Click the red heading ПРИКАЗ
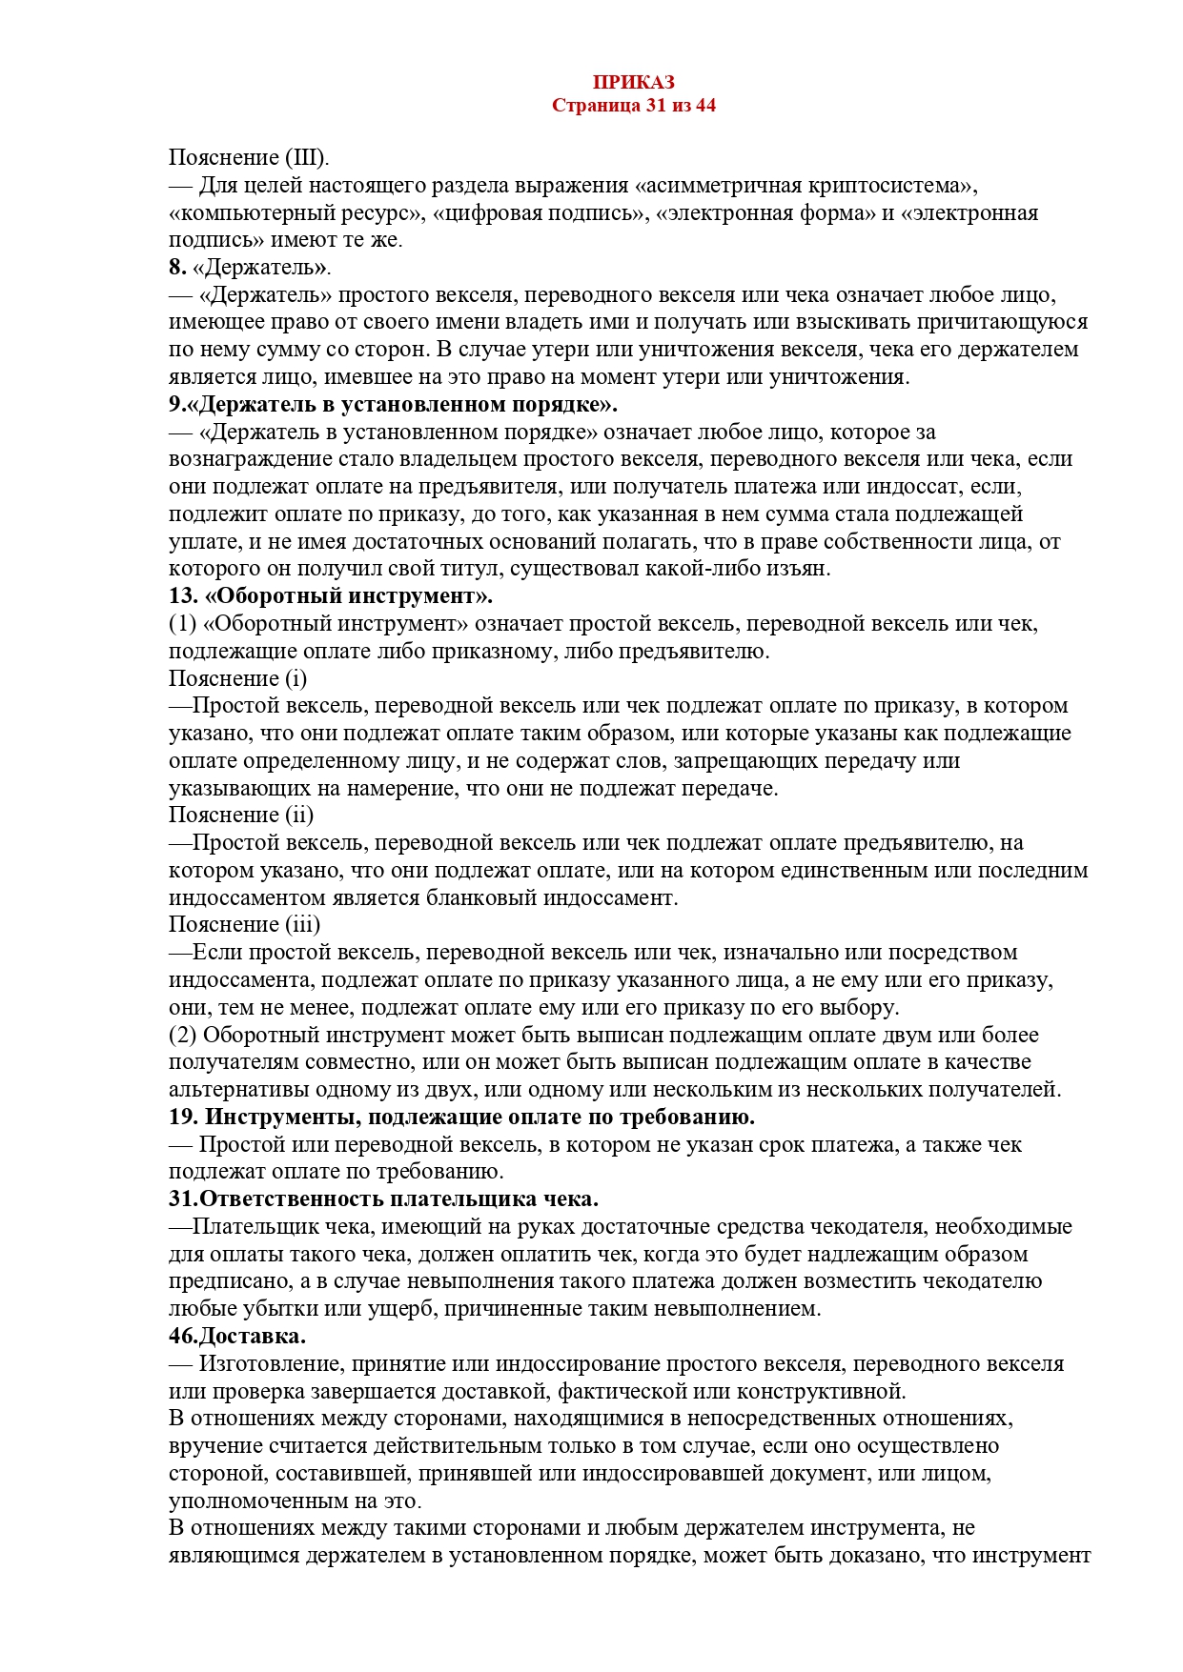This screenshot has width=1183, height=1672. (633, 83)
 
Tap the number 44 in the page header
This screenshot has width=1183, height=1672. (705, 106)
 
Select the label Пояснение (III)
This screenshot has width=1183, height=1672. (249, 158)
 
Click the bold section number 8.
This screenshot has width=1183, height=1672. (176, 268)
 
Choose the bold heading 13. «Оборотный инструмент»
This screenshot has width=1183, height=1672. (331, 597)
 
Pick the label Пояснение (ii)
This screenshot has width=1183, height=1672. (241, 816)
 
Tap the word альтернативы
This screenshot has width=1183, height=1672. (235, 1090)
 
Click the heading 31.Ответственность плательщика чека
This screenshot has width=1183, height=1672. (383, 1199)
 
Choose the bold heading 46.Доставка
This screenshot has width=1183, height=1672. (237, 1337)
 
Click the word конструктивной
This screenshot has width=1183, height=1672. (820, 1392)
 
